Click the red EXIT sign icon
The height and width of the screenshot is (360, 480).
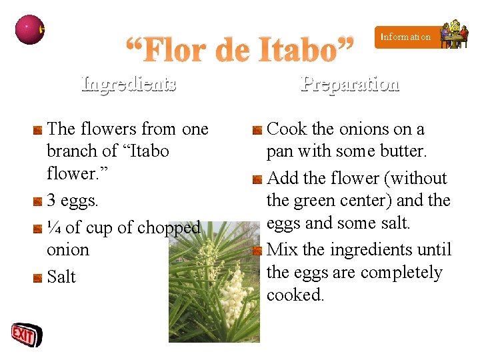(25, 335)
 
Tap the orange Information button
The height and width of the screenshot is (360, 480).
(406, 37)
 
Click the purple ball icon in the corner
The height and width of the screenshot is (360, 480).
(29, 29)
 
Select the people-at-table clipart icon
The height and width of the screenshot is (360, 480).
(455, 35)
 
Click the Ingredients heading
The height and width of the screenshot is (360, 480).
(129, 84)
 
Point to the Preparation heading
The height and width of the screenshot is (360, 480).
(350, 84)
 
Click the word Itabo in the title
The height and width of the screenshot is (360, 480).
(295, 49)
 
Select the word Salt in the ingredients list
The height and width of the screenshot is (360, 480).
(62, 277)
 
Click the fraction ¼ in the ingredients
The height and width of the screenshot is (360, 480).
(55, 227)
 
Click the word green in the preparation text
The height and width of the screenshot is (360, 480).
(317, 201)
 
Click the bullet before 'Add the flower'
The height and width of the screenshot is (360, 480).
(257, 179)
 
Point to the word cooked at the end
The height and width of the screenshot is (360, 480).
(295, 295)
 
